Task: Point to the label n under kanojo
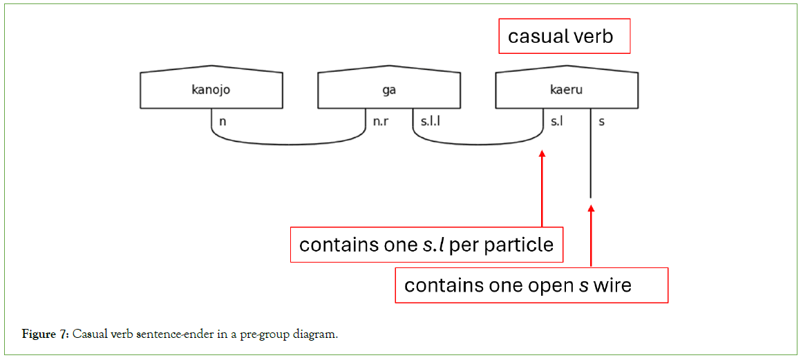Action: pyautogui.click(x=223, y=122)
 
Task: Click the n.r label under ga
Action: pyautogui.click(x=381, y=122)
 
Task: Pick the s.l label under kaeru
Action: pyautogui.click(x=556, y=122)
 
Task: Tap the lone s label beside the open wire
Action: pyautogui.click(x=602, y=122)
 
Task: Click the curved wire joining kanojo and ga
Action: pyautogui.click(x=289, y=144)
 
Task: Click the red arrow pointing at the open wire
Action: pyautogui.click(x=591, y=235)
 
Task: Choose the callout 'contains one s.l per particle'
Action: pyautogui.click(x=426, y=245)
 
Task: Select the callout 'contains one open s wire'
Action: pyautogui.click(x=531, y=285)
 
